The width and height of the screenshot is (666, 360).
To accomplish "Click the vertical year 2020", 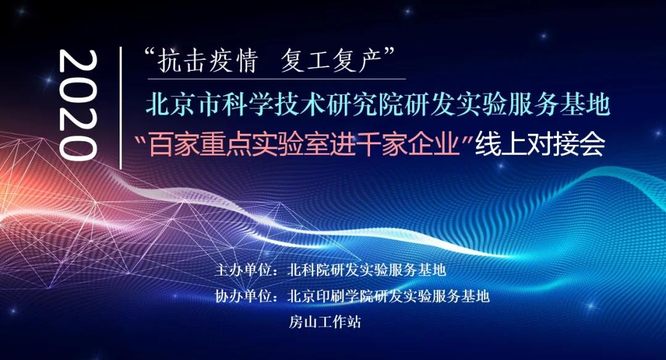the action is coord(77,105).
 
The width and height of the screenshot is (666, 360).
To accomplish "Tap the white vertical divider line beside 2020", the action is coord(121,107).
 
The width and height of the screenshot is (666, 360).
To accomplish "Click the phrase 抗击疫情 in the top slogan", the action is coord(208,61).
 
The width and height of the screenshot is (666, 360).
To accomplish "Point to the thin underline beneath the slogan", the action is coord(277,79).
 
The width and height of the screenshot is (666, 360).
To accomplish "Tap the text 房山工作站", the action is coord(325,322).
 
